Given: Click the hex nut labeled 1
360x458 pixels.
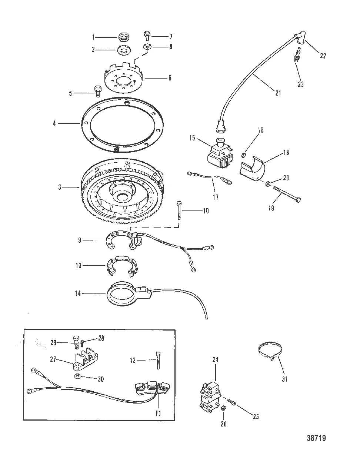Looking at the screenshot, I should (x=124, y=37).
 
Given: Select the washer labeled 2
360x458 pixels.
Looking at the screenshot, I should (x=123, y=49).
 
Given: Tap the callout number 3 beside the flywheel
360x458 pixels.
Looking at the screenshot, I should (x=60, y=187).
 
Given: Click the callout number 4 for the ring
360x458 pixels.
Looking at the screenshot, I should (x=54, y=123).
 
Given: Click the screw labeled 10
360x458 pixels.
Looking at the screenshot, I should (x=180, y=210).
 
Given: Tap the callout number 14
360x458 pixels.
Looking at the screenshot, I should (x=77, y=294).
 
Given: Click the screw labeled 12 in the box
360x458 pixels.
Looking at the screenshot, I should (x=159, y=359).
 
